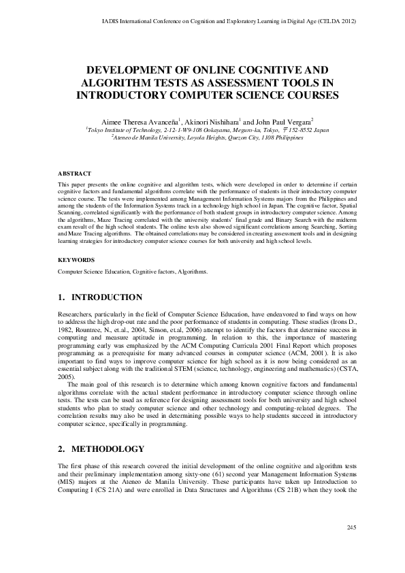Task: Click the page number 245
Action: (352, 546)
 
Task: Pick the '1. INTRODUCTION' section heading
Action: (99, 297)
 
